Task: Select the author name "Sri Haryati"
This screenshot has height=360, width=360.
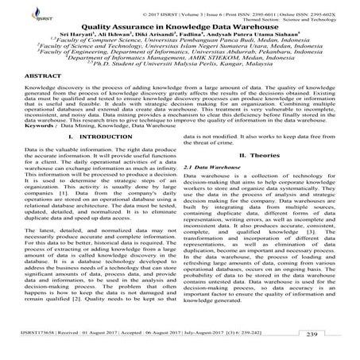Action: (x=89, y=35)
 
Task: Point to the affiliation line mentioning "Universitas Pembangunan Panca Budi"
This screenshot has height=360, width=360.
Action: (x=180, y=44)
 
